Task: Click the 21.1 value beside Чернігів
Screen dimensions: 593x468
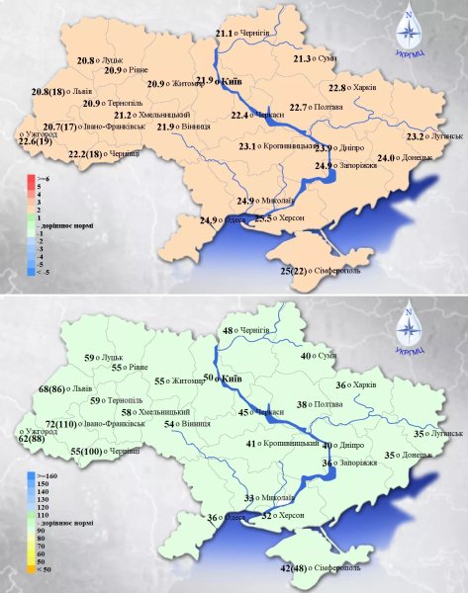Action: (224, 33)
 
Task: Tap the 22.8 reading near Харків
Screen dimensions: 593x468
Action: (337, 88)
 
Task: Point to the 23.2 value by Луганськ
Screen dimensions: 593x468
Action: (415, 135)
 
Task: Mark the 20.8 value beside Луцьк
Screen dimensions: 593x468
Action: (86, 60)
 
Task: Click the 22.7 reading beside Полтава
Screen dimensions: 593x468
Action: (299, 107)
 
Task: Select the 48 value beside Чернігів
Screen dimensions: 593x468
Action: (228, 330)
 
